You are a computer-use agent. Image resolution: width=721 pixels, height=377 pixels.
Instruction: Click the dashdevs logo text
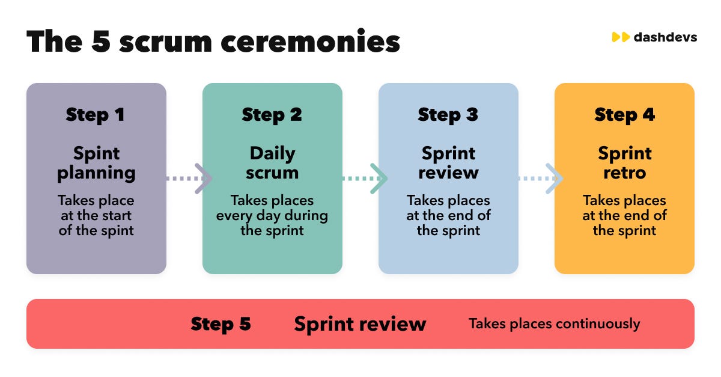pos(665,37)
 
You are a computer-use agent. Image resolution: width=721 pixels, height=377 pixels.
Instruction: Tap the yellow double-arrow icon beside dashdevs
pos(620,37)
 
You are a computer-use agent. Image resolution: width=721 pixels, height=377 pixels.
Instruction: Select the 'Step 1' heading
pos(96,114)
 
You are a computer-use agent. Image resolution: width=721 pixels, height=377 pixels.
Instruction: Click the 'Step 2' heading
pos(272,114)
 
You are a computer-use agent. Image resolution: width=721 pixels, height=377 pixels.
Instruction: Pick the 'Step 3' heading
pos(448,114)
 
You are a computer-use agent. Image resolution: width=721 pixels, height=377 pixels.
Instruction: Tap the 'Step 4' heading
pos(624,114)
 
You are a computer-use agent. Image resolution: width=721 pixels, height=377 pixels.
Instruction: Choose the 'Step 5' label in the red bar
pos(221,324)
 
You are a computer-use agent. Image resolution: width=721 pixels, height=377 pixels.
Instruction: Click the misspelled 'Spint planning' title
pos(96,163)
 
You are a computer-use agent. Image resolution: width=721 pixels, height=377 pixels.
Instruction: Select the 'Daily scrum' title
pos(272,163)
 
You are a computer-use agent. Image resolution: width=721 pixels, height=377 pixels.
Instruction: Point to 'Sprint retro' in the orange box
pos(624,163)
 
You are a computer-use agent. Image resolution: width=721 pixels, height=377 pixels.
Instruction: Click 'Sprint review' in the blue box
pos(448,163)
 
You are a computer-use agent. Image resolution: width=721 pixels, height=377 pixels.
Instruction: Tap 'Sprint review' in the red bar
pos(360,324)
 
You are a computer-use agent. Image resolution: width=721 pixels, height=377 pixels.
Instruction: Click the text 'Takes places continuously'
pos(554,324)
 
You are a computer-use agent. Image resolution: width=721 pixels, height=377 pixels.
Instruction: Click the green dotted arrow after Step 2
pos(364,179)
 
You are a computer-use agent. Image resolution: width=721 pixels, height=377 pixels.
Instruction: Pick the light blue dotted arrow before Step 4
pos(540,179)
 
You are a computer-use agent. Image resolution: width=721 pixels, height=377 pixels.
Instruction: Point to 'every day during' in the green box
pos(272,215)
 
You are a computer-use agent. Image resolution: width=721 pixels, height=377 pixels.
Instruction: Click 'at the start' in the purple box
pos(96,215)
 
